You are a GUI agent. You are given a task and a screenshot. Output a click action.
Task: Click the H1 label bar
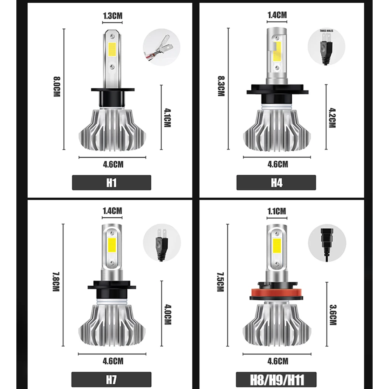coord(112,182)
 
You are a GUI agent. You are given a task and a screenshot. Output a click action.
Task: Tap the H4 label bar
coord(276,182)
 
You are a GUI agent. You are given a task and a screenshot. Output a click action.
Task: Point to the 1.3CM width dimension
coord(112,16)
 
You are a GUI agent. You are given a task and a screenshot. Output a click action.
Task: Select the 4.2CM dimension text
coord(332,118)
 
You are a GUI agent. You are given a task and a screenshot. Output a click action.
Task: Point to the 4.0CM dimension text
coord(168,314)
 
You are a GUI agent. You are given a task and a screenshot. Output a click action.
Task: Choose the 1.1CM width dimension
coord(277,211)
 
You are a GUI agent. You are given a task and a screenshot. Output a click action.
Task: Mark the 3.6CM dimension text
coord(332,314)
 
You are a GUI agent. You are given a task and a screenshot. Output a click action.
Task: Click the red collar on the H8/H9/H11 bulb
coord(277,296)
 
